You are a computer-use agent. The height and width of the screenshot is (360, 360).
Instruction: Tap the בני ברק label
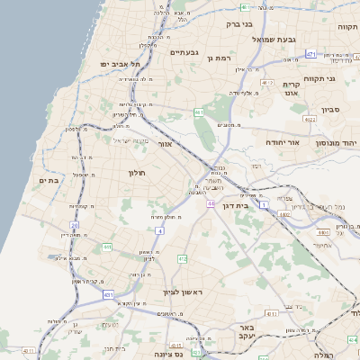coord(233,25)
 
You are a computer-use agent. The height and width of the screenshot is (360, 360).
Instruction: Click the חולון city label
coord(137,172)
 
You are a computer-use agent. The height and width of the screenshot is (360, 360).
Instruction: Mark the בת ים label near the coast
coord(48,181)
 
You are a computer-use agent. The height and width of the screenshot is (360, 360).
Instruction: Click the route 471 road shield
coord(310,55)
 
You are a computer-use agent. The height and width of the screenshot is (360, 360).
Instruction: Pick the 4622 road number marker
coord(310,118)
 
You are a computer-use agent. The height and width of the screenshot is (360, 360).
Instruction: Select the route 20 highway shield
coord(75,225)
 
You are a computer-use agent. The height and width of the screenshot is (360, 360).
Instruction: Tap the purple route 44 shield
coord(209,204)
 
